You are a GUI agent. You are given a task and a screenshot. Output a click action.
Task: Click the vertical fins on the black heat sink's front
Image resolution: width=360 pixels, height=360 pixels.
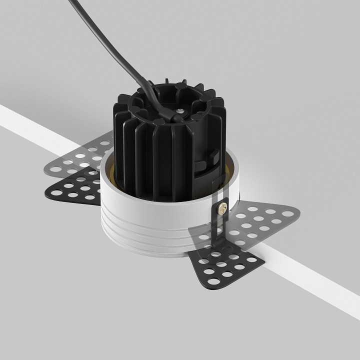pyautogui.click(x=155, y=150)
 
